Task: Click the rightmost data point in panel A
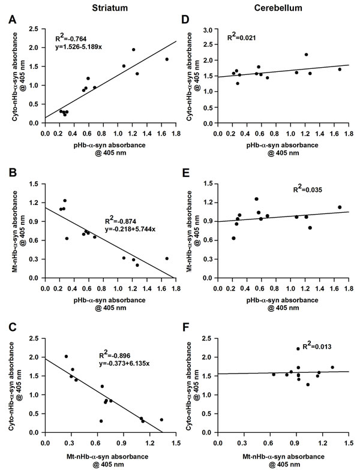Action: pos(167,59)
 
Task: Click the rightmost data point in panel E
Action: pos(340,207)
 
